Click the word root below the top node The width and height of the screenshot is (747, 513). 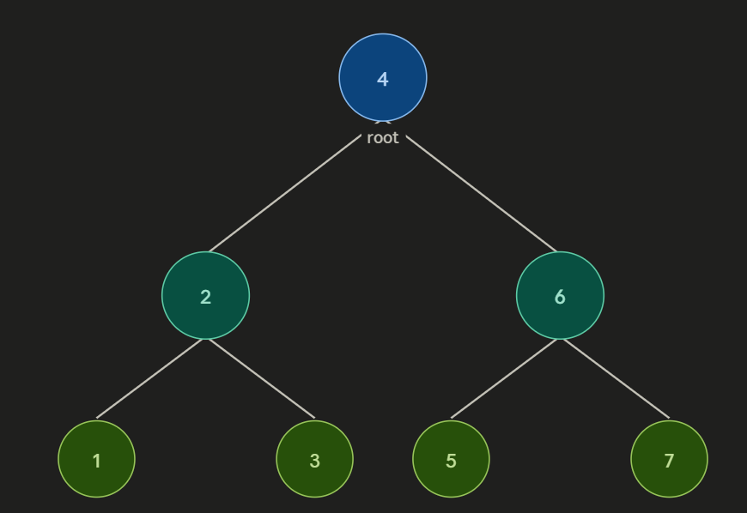click(383, 138)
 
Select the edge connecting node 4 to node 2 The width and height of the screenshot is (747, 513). click(285, 193)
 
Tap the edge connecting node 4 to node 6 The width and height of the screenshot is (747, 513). click(481, 193)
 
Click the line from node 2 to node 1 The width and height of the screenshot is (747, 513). click(150, 378)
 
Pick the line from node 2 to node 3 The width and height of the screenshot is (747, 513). click(260, 378)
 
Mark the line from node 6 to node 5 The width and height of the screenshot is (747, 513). click(506, 378)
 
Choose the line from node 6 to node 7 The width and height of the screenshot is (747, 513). click(615, 378)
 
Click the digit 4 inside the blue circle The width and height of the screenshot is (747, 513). click(383, 79)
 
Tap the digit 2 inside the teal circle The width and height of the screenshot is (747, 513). click(205, 297)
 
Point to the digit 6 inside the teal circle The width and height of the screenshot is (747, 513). click(560, 297)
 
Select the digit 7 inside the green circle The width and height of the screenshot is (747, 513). click(669, 461)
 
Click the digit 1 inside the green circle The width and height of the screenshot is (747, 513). click(96, 461)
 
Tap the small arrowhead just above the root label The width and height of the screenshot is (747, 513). click(383, 123)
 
